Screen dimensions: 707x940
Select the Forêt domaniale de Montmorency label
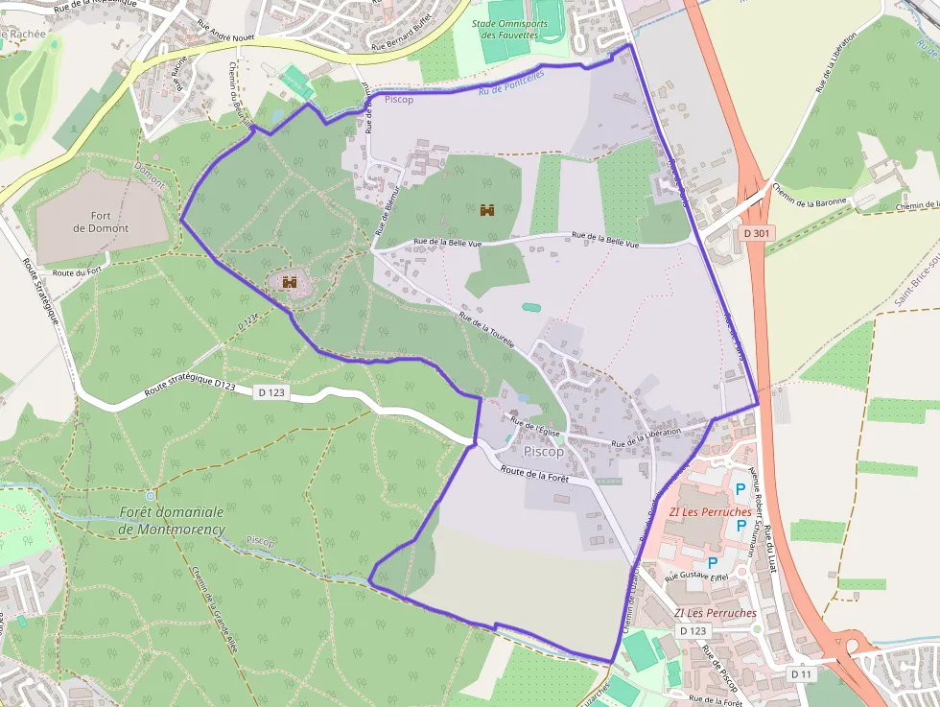point(173,520)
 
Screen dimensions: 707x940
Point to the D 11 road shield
point(801,674)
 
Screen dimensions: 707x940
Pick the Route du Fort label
point(78,273)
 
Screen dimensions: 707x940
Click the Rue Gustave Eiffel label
point(697,577)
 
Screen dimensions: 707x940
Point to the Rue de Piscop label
point(720,669)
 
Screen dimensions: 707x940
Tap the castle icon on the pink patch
point(289,282)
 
